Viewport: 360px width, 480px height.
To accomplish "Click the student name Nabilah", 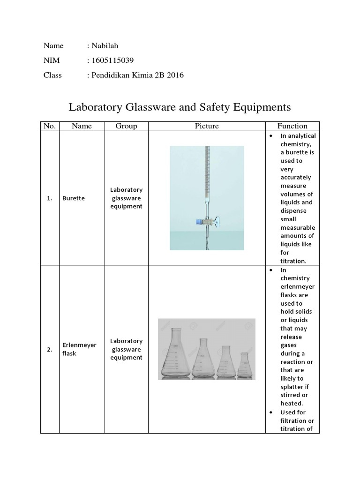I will pos(105,45).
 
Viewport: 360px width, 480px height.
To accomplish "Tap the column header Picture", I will pos(207,126).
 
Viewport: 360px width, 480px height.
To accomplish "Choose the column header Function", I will pos(292,126).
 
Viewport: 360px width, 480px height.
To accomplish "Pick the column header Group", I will pos(126,126).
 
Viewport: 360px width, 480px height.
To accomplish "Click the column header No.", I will pos(50,126).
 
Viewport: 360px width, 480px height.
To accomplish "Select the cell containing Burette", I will pos(73,198).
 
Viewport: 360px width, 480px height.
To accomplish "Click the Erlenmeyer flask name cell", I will pos(79,349).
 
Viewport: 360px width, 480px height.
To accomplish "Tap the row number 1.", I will pos(50,198).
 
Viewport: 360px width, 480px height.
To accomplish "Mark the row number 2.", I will pos(50,349).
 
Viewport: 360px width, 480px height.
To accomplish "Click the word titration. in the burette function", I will pos(293,261).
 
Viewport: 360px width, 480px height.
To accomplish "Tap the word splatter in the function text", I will pos(293,387).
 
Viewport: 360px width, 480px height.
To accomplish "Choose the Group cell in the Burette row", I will pos(126,198).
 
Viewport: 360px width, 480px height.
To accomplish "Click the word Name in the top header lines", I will pos(53,45).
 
